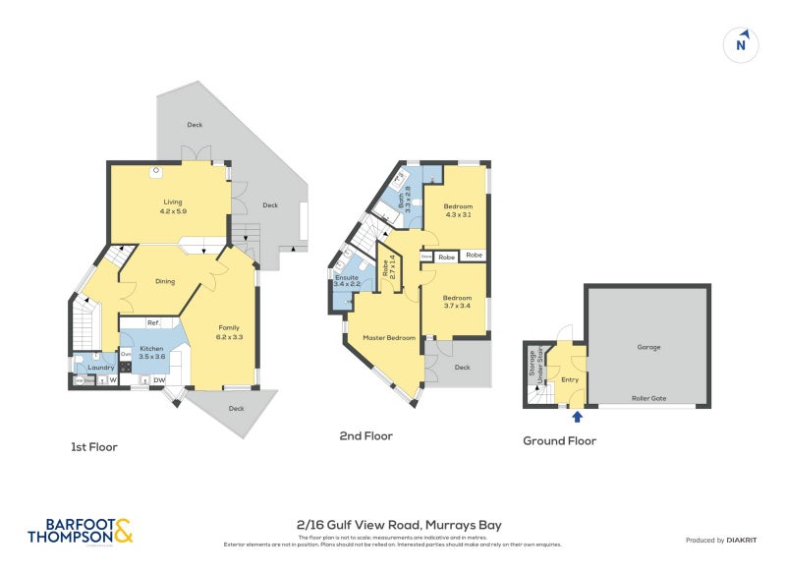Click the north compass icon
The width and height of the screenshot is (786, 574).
tap(742, 44)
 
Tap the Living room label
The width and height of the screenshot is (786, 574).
tap(173, 204)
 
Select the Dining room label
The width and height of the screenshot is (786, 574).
tap(165, 281)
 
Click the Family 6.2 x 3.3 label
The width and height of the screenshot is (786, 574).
tap(229, 332)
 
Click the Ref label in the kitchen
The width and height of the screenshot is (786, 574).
tap(153, 322)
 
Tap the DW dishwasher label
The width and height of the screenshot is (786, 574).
tap(158, 379)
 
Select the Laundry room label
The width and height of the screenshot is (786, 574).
tap(101, 368)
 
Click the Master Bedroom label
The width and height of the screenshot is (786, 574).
tap(388, 338)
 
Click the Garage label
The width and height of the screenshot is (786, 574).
tap(647, 346)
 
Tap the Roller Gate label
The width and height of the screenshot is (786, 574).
tap(648, 398)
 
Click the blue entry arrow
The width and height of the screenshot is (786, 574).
tap(577, 416)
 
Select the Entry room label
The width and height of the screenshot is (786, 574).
tap(569, 379)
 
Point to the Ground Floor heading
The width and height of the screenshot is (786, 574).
tap(559, 441)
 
